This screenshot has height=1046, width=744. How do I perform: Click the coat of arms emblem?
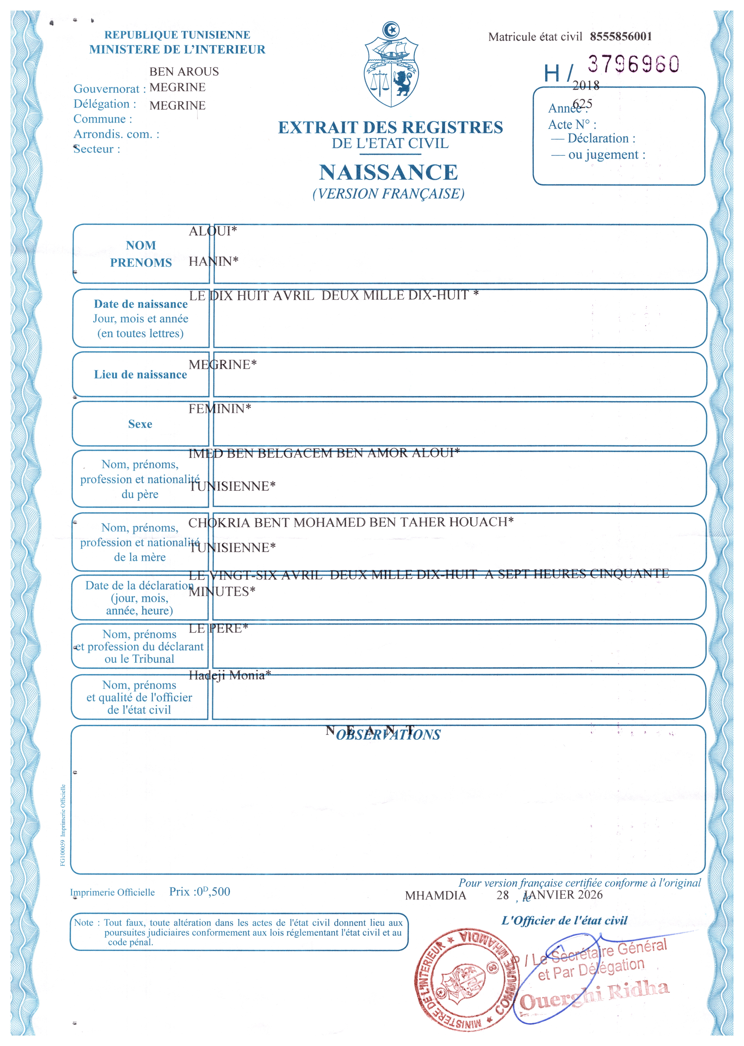click(391, 66)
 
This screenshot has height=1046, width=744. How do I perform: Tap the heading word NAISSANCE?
click(388, 173)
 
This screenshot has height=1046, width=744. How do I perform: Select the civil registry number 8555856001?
click(621, 37)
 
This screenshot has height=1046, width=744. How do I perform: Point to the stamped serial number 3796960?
click(633, 64)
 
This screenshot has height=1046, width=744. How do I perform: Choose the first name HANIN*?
click(213, 262)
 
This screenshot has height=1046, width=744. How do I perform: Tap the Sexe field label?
click(140, 424)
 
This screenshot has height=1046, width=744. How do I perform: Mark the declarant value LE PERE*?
click(218, 628)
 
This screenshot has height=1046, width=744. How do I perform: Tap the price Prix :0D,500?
click(200, 892)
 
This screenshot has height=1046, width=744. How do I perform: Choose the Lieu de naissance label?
click(140, 375)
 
